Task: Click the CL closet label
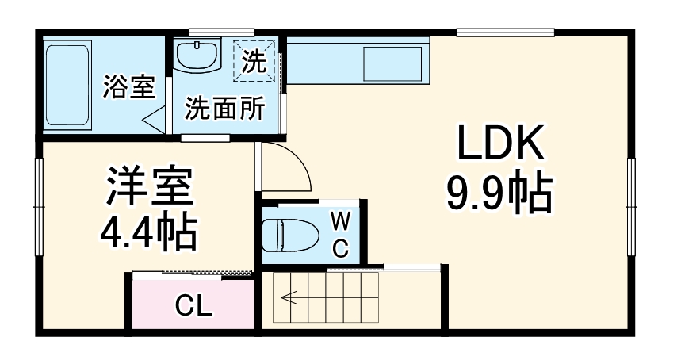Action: [x=193, y=304]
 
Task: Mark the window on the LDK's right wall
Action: [x=632, y=206]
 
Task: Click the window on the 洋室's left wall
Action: [x=38, y=206]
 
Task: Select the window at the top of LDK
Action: [x=504, y=33]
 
